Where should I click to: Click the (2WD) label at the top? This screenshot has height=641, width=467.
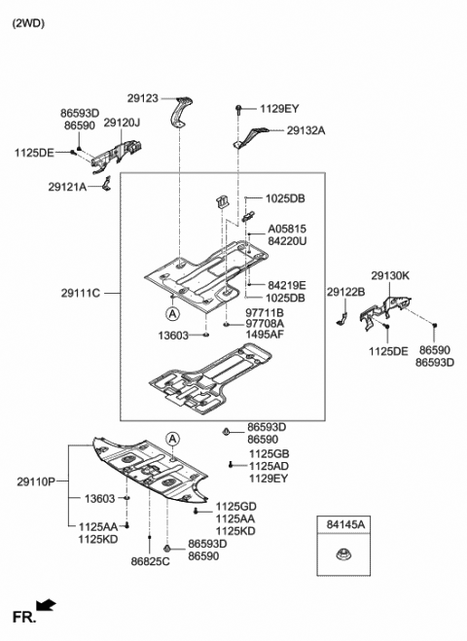click(28, 23)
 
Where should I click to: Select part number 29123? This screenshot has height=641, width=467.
click(142, 98)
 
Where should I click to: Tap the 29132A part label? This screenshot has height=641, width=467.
click(305, 130)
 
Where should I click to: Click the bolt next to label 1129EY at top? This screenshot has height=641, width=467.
click(238, 109)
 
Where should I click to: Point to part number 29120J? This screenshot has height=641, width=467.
click(122, 123)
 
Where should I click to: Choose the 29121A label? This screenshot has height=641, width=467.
click(67, 187)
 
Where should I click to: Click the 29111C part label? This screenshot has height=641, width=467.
click(81, 293)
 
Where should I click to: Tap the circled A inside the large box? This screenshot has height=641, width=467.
click(172, 313)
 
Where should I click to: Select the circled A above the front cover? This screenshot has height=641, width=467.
click(172, 439)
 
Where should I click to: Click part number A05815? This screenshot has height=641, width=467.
click(287, 229)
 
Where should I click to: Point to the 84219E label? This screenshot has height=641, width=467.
click(287, 285)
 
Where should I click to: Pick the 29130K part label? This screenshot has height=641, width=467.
click(390, 276)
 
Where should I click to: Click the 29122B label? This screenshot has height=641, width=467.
click(346, 293)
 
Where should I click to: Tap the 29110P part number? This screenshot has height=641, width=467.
click(36, 481)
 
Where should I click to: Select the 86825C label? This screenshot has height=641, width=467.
click(150, 561)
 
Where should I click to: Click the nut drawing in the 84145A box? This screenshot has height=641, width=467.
click(343, 555)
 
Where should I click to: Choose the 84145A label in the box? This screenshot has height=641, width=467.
click(345, 524)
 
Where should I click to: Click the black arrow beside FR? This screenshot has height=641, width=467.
click(46, 605)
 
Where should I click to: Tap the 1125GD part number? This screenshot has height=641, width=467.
click(236, 507)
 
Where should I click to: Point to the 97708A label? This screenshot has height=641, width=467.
click(265, 324)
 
